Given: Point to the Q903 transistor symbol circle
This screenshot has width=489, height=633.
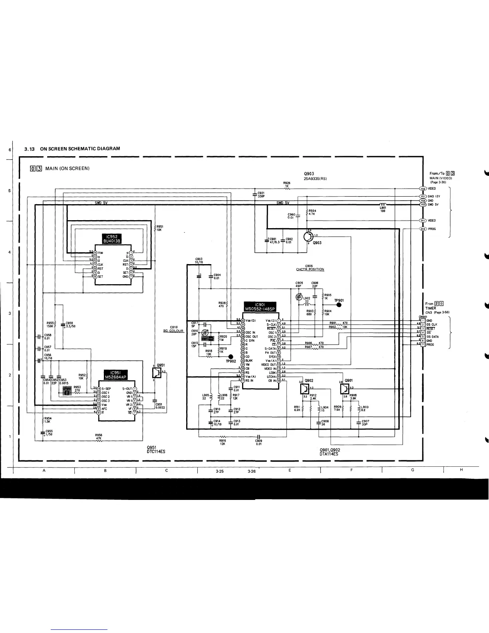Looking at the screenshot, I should pyautogui.click(x=308, y=237).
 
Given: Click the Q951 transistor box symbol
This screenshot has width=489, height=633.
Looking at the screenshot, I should pyautogui.click(x=157, y=373).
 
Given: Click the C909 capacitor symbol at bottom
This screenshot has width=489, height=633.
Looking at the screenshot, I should pyautogui.click(x=259, y=437).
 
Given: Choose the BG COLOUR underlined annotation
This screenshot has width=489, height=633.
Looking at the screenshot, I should pyautogui.click(x=173, y=330).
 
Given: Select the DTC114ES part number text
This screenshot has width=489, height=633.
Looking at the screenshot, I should pyautogui.click(x=156, y=452).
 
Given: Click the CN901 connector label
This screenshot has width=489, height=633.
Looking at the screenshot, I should pyautogui.click(x=423, y=316).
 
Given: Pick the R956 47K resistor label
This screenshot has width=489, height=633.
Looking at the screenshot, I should pyautogui.click(x=98, y=437).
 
